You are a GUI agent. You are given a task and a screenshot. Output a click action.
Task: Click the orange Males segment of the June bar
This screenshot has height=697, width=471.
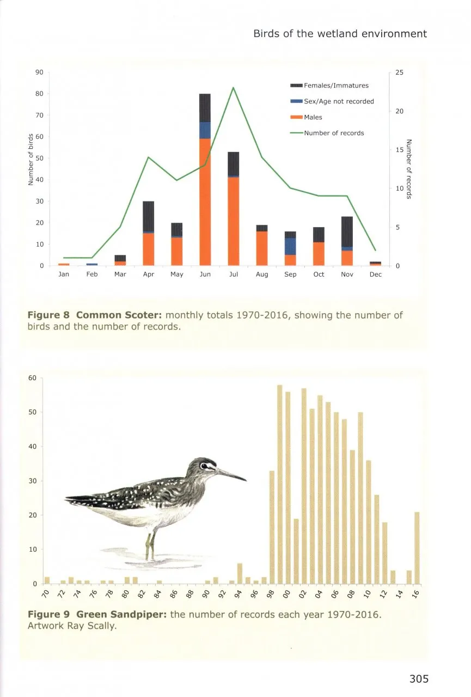(x=205, y=201)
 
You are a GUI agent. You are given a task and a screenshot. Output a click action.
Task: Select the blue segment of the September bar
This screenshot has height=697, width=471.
(x=290, y=246)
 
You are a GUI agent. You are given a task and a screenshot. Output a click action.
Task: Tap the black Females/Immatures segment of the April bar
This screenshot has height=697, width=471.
(x=148, y=216)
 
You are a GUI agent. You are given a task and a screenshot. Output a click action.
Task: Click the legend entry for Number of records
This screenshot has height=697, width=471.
(x=333, y=133)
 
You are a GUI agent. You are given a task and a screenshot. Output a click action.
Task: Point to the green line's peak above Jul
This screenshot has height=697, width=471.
(x=233, y=87)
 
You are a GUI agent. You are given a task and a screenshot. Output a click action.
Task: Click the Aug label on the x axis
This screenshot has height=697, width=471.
(x=262, y=274)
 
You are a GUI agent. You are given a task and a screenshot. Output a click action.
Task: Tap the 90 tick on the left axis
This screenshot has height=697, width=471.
(x=38, y=72)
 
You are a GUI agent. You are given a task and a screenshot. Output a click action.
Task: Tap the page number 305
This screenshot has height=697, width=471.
(x=419, y=678)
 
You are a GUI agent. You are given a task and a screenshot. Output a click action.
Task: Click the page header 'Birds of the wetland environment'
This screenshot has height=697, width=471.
(x=340, y=34)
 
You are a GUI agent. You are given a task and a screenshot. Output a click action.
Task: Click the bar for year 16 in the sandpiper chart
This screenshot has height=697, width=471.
(x=417, y=547)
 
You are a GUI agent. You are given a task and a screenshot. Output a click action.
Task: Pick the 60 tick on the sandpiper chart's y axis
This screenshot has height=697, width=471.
(x=32, y=378)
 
